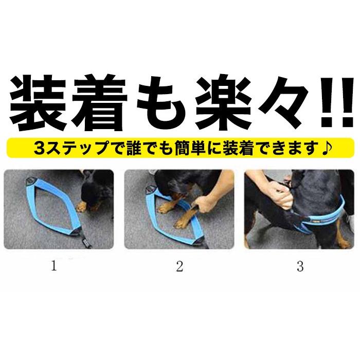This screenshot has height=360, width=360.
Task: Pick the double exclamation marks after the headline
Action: coord(337,103)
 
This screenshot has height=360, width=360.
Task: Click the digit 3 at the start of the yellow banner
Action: coord(40,148)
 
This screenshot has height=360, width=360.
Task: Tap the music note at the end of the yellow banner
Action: coord(326,148)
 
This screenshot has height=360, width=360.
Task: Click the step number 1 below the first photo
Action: coord(54,266)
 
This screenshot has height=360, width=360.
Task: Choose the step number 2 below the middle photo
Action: coord(179,266)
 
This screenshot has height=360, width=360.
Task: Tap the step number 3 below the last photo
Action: coord(300,266)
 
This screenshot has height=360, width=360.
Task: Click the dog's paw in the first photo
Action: coord(82,207)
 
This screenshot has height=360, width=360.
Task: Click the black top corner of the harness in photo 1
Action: coord(30,181)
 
